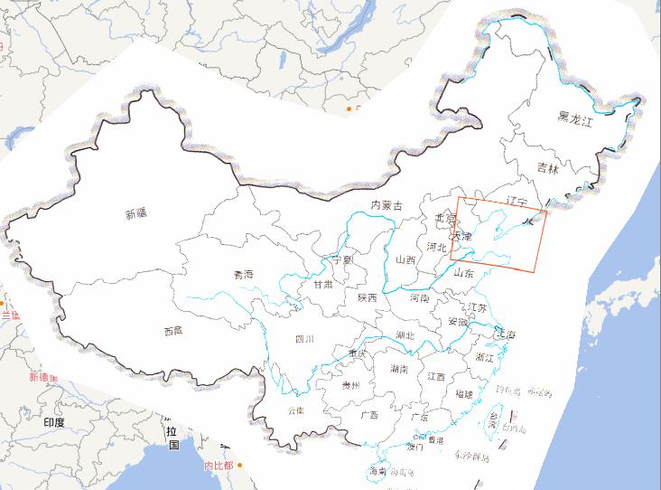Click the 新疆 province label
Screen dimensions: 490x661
pos(136,214)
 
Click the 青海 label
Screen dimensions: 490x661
pos(243,274)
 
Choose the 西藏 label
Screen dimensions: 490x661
pos(173,331)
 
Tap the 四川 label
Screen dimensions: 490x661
pos(304,340)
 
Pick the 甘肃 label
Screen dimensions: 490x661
pos(323,284)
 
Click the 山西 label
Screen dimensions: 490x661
pos(405,260)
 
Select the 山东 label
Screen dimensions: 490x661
pos(463,271)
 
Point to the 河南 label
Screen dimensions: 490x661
pos(420,297)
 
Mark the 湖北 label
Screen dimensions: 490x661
pos(405,335)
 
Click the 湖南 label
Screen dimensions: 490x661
pos(399,370)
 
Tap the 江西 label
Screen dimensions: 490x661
pos(436,376)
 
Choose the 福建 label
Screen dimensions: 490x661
pos(464,394)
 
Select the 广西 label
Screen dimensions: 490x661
pos(368,416)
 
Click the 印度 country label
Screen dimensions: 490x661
pos(53,422)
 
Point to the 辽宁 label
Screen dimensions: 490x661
pos(517,200)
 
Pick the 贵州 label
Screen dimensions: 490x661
pos(350,385)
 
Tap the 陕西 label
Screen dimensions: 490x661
pos(367,297)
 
